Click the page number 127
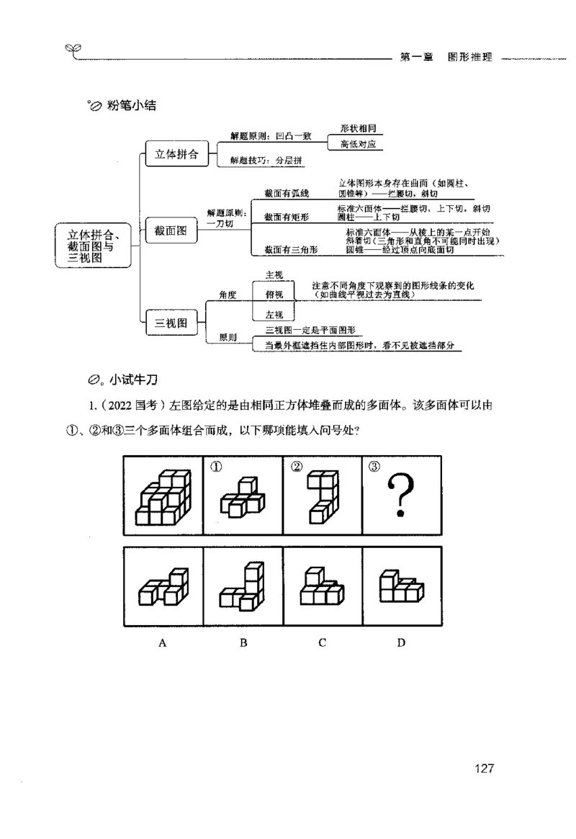pyautogui.click(x=484, y=768)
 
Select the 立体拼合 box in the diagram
pyautogui.click(x=177, y=154)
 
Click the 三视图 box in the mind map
pyautogui.click(x=171, y=323)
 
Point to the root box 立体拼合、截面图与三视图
pyautogui.click(x=94, y=245)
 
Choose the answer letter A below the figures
pyautogui.click(x=163, y=642)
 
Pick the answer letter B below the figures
pyautogui.click(x=243, y=642)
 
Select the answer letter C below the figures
pyautogui.click(x=322, y=642)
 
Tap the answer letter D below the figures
pyautogui.click(x=401, y=642)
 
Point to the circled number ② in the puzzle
pyautogui.click(x=295, y=466)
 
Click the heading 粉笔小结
pyautogui.click(x=131, y=106)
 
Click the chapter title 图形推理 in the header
pyautogui.click(x=469, y=58)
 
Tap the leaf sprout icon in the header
pyautogui.click(x=73, y=50)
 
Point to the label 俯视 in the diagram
pyautogui.click(x=274, y=295)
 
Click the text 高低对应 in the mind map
pyautogui.click(x=358, y=144)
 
